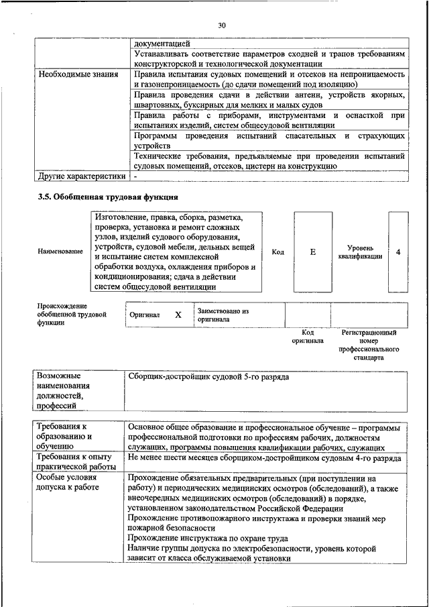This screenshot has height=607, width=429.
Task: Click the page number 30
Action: click(222, 25)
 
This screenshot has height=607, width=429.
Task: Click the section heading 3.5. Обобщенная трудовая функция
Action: click(107, 197)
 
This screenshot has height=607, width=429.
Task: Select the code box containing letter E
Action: click(312, 252)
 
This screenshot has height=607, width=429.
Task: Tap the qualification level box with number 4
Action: click(398, 252)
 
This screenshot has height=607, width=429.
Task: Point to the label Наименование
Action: click(60, 252)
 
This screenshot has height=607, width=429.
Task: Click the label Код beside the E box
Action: click(278, 252)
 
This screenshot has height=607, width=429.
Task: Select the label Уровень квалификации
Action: click(360, 252)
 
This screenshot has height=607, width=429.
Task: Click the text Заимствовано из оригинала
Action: click(223, 315)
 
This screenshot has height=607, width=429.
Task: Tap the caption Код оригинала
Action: click(308, 336)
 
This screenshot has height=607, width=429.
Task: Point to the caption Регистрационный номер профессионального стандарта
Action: click(369, 345)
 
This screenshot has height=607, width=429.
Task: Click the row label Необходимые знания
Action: click(78, 75)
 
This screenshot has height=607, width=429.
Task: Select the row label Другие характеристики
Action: click(81, 176)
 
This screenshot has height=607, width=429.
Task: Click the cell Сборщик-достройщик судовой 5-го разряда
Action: click(208, 378)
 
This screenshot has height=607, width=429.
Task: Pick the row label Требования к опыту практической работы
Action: click(76, 462)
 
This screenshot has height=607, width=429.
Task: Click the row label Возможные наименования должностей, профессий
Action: click(64, 391)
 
